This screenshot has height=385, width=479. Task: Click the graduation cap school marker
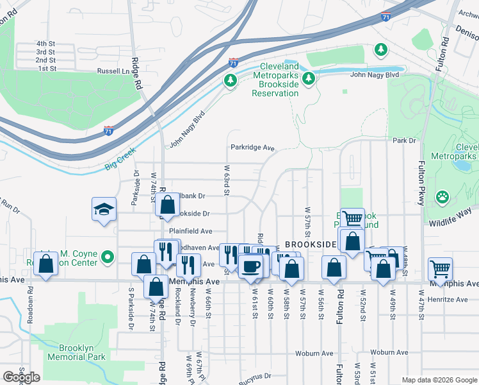click(104, 209)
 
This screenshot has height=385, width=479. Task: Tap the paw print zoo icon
click(442, 196)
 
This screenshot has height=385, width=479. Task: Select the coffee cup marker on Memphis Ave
click(251, 264)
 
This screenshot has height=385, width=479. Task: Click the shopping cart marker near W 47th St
click(439, 268)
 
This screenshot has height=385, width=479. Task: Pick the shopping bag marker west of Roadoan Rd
click(45, 264)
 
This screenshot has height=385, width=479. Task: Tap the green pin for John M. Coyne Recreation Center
click(108, 258)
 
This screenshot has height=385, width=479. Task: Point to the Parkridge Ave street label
click(252, 148)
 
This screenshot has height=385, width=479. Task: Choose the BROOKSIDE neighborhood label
click(311, 245)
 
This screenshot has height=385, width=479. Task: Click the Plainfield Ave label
click(190, 231)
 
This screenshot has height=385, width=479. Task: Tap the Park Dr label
click(404, 141)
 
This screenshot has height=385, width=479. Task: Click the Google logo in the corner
click(21, 377)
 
